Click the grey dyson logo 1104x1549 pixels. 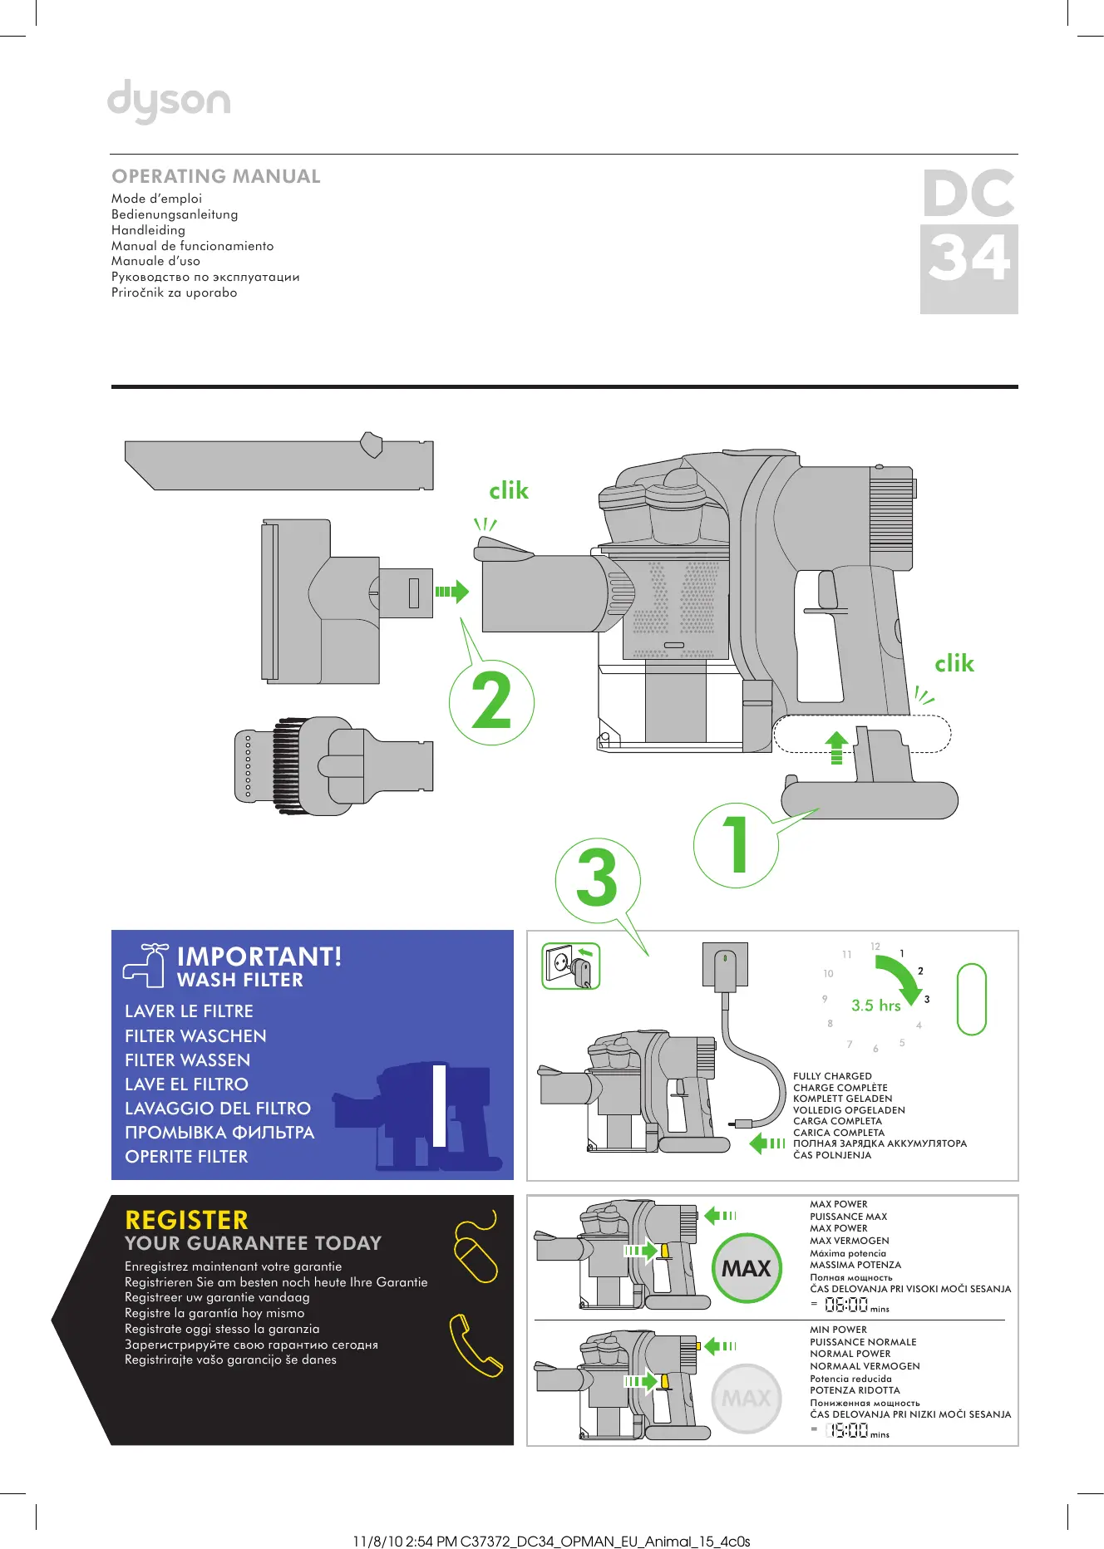[x=169, y=101]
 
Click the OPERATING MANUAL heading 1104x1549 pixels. [x=216, y=176]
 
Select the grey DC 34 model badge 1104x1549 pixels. [x=968, y=241]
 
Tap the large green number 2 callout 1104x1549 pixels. [x=491, y=702]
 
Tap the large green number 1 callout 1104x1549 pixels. [x=736, y=844]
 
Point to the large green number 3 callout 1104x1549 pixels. [x=597, y=878]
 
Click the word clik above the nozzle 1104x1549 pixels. [x=509, y=491]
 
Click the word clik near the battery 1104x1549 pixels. [x=954, y=664]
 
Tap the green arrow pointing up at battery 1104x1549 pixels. [x=836, y=746]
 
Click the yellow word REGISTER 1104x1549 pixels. [x=186, y=1220]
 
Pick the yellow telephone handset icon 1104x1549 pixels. [x=476, y=1345]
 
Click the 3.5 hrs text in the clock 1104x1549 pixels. [x=876, y=1006]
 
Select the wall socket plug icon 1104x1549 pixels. [x=571, y=966]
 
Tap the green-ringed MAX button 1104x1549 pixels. [x=747, y=1268]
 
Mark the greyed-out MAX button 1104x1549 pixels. [x=747, y=1399]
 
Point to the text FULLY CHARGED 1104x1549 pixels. [x=832, y=1076]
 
